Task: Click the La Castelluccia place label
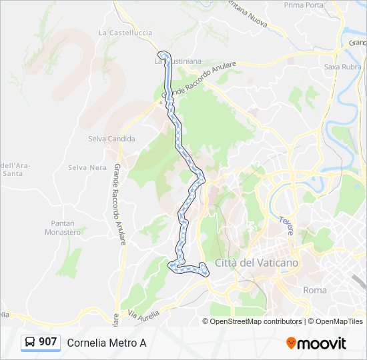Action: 125,32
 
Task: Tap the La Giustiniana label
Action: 177,61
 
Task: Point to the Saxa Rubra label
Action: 342,67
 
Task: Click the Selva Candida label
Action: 111,139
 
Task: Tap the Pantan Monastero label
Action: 66,228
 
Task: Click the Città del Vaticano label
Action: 257,263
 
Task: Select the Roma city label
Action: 315,290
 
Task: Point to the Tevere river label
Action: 287,225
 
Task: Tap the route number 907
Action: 47,342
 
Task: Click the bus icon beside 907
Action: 30,343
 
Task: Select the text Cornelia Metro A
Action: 106,343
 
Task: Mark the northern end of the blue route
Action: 161,54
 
